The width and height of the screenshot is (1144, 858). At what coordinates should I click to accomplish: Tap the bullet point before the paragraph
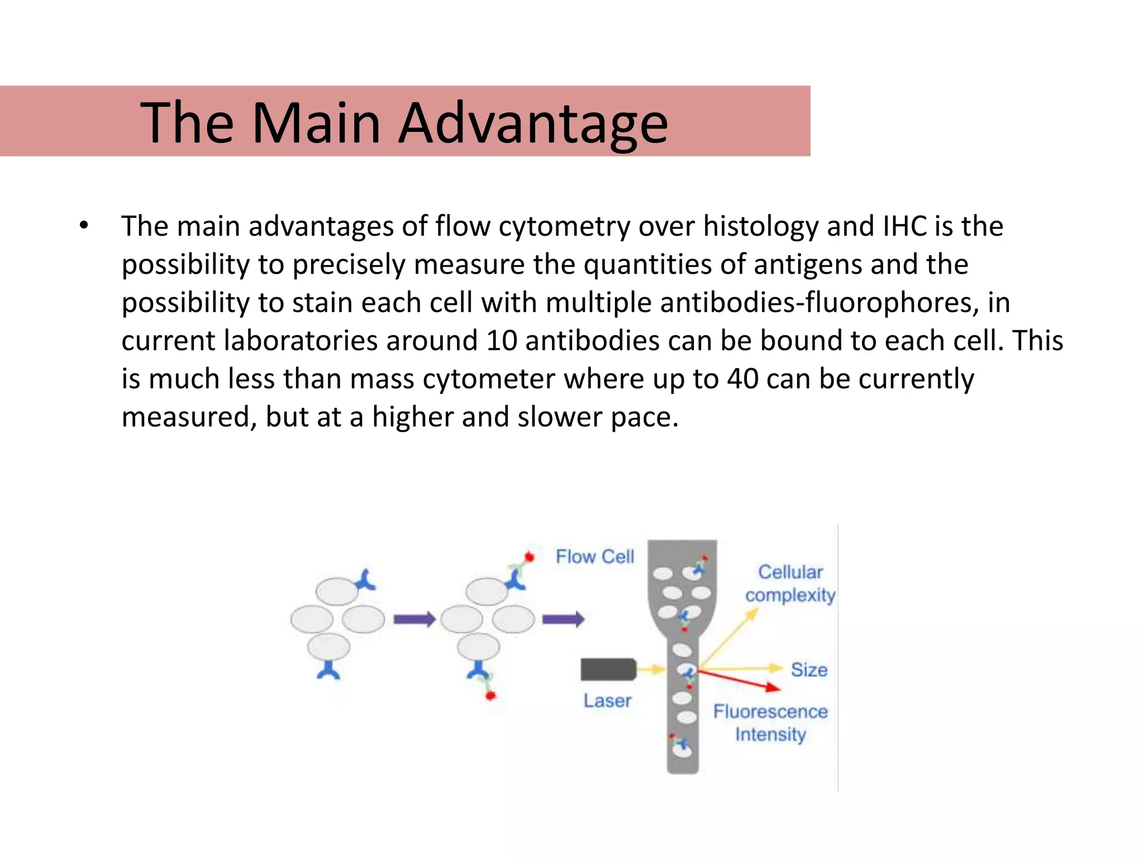click(x=84, y=226)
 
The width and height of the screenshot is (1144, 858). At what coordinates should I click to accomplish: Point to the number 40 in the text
click(x=742, y=379)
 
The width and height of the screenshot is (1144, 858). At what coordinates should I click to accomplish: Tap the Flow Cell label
click(x=594, y=556)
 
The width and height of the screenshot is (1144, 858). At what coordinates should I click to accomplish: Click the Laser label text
click(x=607, y=700)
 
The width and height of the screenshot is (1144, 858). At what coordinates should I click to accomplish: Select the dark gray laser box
click(x=608, y=669)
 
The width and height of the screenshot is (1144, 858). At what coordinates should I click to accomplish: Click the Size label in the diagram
click(x=808, y=669)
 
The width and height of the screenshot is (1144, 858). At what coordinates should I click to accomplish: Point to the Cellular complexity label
click(x=790, y=583)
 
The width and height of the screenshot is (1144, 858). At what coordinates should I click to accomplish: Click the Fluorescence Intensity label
click(x=770, y=722)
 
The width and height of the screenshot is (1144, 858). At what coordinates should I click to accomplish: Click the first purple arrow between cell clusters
click(x=414, y=619)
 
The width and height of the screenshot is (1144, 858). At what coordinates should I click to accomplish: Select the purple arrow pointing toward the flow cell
click(x=563, y=619)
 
